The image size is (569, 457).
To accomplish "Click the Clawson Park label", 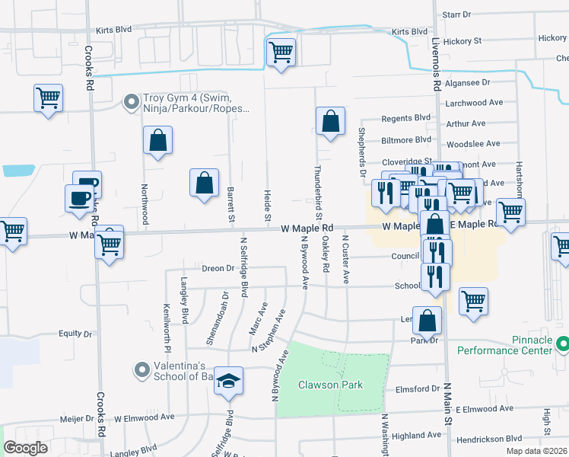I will pos(330,385).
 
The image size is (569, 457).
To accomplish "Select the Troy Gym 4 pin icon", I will pos(132,101).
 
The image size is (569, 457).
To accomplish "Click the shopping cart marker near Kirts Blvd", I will pos(281,53).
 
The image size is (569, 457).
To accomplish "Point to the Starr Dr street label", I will pos(457,14).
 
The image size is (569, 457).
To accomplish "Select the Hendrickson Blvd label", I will pos(493,439).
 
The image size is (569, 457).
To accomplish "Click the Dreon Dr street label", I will pos(218,268).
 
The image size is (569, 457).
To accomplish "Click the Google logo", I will pos(25,448).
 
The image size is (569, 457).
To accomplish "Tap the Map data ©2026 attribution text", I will pos(536,451).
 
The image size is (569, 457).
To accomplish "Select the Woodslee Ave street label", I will pos(473,143).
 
